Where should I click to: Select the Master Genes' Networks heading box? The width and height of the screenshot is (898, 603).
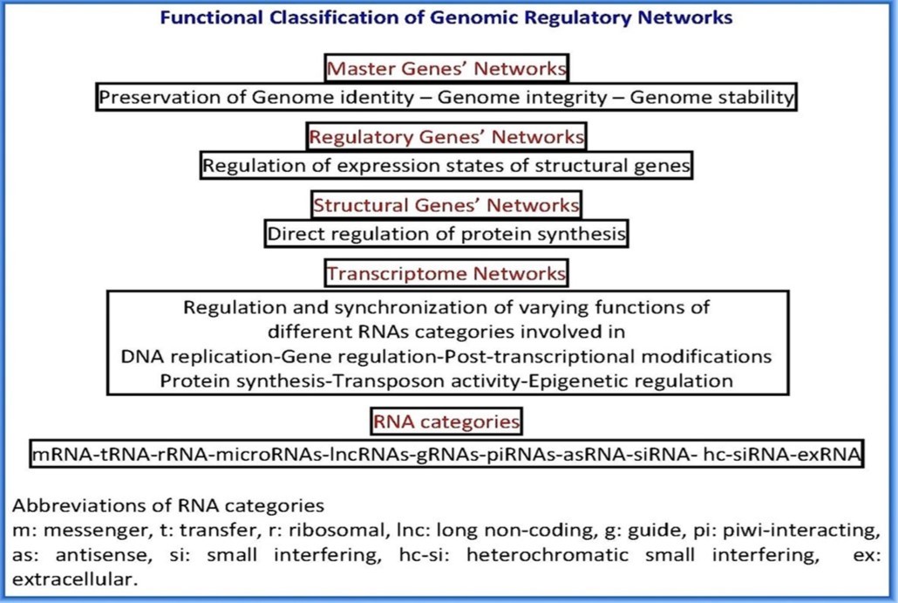(x=446, y=68)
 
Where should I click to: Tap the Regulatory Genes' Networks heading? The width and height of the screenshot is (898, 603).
(x=446, y=137)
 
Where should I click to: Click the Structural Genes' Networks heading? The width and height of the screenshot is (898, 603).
(x=446, y=206)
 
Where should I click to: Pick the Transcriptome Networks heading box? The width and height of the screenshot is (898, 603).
(x=446, y=274)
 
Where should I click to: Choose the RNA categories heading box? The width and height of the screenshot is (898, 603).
(x=446, y=422)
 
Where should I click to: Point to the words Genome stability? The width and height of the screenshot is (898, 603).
(x=711, y=97)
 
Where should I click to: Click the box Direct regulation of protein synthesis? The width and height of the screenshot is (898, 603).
(x=446, y=234)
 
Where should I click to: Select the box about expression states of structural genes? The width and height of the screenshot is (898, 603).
(x=446, y=164)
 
